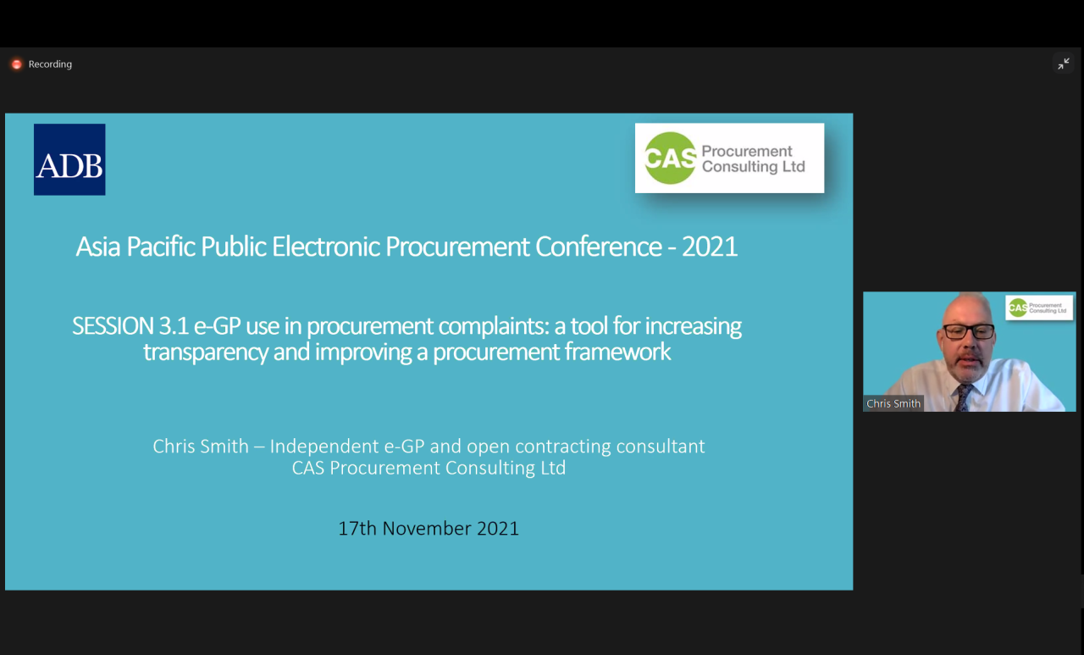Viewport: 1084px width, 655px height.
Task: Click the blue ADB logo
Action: pos(69,159)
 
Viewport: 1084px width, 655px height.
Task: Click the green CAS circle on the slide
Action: pos(670,158)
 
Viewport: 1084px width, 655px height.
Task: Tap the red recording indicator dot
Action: pos(17,64)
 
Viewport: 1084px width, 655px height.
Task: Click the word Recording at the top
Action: pos(50,64)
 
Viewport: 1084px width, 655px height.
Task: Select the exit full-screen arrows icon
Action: pos(1063,64)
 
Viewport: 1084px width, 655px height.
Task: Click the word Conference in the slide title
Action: pos(598,247)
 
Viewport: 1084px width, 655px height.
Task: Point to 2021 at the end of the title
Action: pos(710,247)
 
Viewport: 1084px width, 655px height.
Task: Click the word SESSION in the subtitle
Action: pos(113,326)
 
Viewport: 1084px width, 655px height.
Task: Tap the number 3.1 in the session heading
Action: pos(174,326)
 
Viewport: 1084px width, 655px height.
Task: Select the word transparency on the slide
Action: pos(205,352)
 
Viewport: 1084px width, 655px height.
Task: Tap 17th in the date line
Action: pos(357,528)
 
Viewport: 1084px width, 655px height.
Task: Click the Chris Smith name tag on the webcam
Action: pos(893,403)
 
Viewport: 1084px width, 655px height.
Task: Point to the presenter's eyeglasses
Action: pos(969,331)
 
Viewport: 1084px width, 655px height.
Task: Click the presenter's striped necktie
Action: pos(963,397)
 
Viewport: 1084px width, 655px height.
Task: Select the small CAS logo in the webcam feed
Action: pos(1039,308)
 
